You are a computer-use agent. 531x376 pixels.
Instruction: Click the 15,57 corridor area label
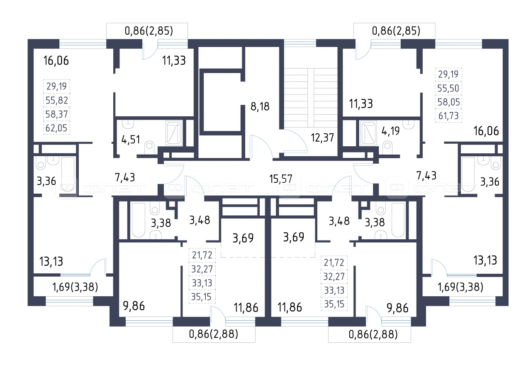click(x=281, y=179)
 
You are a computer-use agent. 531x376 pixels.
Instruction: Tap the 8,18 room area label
click(x=260, y=107)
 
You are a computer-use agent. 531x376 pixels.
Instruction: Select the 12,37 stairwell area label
click(x=322, y=138)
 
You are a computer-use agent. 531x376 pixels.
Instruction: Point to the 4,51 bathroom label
click(x=131, y=140)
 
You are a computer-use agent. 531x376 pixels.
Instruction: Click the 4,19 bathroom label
click(x=390, y=131)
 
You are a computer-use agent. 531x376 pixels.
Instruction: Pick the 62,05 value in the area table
click(x=56, y=128)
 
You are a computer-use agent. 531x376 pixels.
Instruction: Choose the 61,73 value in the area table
click(x=448, y=116)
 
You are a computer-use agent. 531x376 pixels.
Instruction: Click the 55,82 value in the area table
click(x=57, y=101)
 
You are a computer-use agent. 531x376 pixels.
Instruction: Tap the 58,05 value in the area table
click(x=448, y=102)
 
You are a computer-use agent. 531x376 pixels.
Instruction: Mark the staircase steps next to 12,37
click(x=311, y=98)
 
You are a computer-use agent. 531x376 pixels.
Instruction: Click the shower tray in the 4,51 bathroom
click(x=174, y=133)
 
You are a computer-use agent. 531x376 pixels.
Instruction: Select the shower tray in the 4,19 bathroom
click(x=368, y=133)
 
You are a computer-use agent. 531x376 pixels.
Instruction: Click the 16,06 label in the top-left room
click(x=56, y=61)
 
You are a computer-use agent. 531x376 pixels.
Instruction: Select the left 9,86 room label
click(x=134, y=306)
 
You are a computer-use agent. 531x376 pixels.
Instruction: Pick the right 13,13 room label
click(x=485, y=260)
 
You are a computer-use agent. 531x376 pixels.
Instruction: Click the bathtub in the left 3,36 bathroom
click(x=68, y=174)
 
